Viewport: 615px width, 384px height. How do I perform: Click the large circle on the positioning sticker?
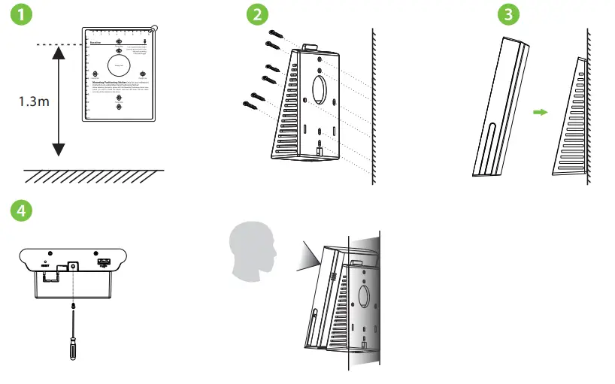118,67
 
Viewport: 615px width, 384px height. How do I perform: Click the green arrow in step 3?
538,112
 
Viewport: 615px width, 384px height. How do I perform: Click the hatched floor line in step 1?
93,176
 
